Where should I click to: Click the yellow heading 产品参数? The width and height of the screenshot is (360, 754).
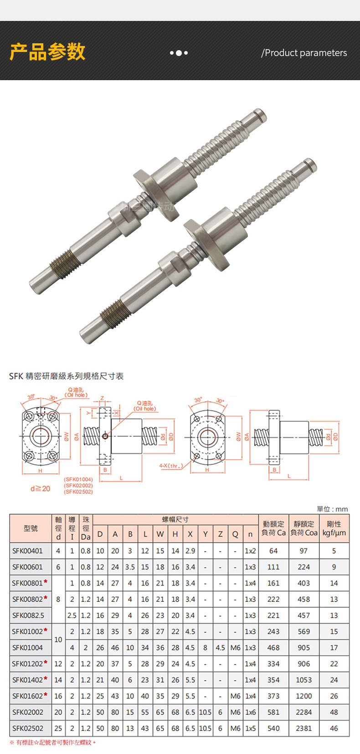coord(47,51)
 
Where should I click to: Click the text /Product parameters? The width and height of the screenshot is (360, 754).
coord(304,53)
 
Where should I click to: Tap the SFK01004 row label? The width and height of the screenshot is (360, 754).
coord(27,647)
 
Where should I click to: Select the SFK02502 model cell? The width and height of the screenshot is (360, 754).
coord(27,728)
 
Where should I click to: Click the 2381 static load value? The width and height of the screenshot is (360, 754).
coord(303,728)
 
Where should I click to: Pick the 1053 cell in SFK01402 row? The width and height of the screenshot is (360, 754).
coord(303,680)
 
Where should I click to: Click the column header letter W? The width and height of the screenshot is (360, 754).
coord(160,534)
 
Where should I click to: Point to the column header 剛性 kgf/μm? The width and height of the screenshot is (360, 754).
coord(334,528)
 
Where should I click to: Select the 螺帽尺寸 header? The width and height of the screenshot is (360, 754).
coord(175,519)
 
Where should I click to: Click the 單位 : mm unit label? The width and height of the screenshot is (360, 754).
coord(332,509)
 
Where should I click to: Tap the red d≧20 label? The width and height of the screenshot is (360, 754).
coord(40,488)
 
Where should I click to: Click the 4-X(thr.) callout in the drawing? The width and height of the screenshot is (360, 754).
coord(171,466)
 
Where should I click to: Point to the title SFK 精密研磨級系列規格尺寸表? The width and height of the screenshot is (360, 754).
coord(67,376)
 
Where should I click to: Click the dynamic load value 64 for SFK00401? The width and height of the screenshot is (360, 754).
coord(273,551)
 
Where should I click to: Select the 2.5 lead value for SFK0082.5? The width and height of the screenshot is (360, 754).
coord(72,615)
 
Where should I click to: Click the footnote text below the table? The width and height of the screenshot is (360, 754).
coord(53,743)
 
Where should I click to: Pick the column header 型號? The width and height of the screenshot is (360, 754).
coord(31,528)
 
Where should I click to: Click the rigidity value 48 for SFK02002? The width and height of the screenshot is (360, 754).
coord(334,712)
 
